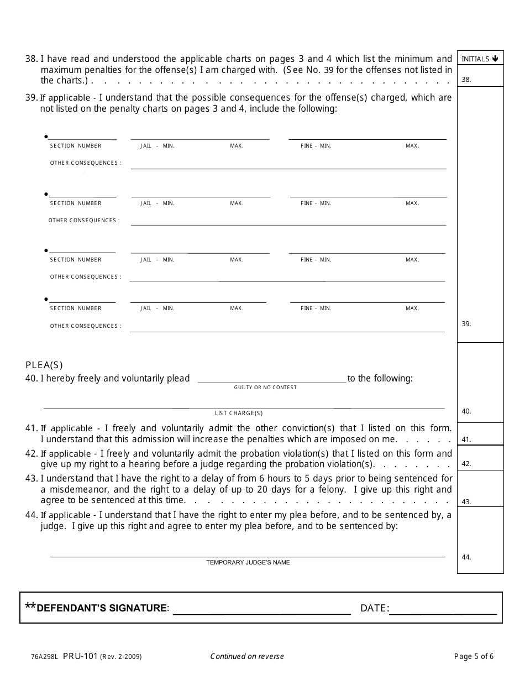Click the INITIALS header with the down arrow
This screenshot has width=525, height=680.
coord(480,59)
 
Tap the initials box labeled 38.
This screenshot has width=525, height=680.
coord(480,76)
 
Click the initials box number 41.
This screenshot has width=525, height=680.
coord(480,434)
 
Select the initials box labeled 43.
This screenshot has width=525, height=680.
coord(480,489)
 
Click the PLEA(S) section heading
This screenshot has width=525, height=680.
coord(44,365)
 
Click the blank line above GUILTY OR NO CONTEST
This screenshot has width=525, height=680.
coord(272,379)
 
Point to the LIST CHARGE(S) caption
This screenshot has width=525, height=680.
coord(239,414)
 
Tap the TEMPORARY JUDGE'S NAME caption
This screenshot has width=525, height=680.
coord(248,562)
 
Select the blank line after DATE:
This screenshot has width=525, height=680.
coord(443,610)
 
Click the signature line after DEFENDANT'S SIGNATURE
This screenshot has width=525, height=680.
coord(262,610)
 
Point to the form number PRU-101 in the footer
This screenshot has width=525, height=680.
coord(80,656)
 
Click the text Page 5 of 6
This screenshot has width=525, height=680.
coord(474,657)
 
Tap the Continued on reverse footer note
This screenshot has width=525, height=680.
coord(246,657)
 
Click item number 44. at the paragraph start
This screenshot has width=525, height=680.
coord(31,515)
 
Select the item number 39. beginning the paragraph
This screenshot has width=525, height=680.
coord(31,98)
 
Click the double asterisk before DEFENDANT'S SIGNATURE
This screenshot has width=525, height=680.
coord(30,606)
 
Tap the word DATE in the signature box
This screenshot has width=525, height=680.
coord(373,608)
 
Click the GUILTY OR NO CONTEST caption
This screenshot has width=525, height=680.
coord(265,388)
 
